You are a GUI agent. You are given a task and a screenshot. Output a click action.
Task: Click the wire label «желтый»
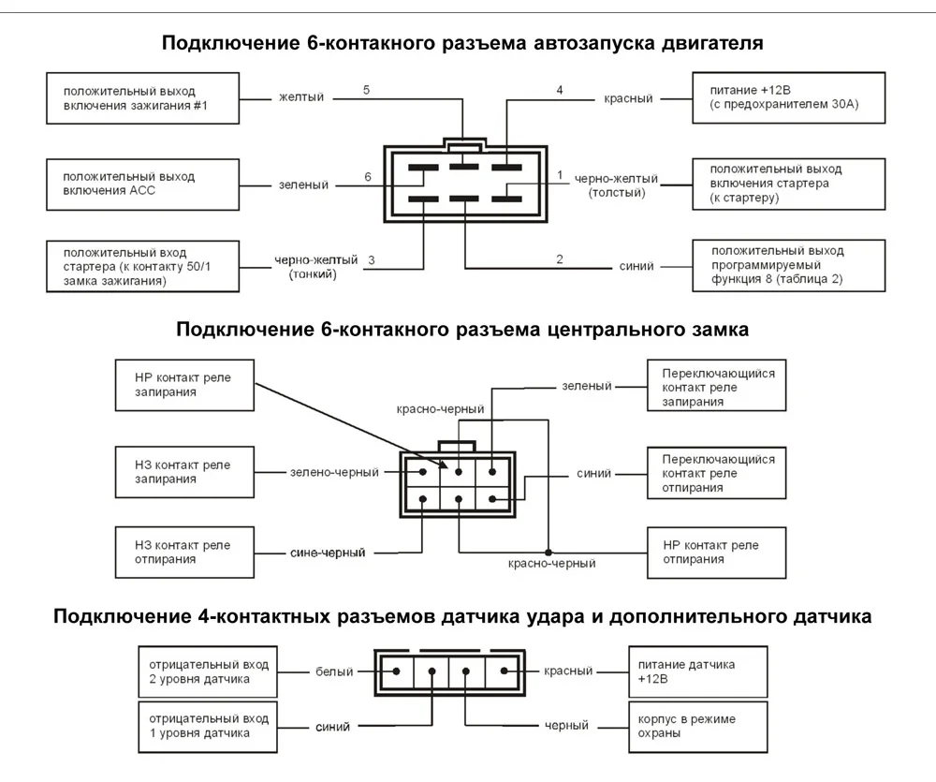pyautogui.click(x=300, y=97)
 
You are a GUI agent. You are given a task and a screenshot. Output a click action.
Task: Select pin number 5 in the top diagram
pyautogui.click(x=366, y=90)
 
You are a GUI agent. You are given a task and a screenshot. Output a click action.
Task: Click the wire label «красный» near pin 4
pyautogui.click(x=628, y=98)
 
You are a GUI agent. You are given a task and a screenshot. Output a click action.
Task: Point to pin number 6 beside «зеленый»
pyautogui.click(x=368, y=177)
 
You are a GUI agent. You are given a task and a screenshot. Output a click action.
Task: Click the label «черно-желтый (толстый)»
pyautogui.click(x=616, y=184)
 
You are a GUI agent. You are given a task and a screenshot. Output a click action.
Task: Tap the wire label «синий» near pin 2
pyautogui.click(x=636, y=266)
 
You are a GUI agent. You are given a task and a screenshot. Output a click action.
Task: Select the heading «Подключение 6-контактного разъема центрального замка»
pyautogui.click(x=462, y=330)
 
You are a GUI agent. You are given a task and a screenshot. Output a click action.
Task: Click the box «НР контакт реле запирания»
pyautogui.click(x=184, y=385)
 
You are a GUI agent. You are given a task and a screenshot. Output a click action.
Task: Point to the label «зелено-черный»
pyautogui.click(x=334, y=472)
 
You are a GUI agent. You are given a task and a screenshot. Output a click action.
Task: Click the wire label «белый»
pyautogui.click(x=334, y=671)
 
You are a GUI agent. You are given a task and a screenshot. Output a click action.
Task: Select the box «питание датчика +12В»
pyautogui.click(x=696, y=671)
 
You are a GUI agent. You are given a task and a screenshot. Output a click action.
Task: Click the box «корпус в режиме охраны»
pyautogui.click(x=696, y=726)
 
